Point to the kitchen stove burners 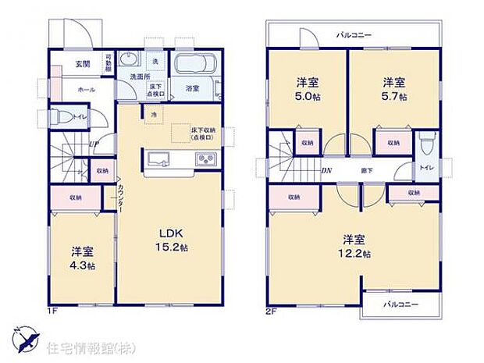click(x=205, y=160)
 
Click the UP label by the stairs click(x=93, y=144)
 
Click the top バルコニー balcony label click(x=354, y=35)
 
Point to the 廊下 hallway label click(x=366, y=169)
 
